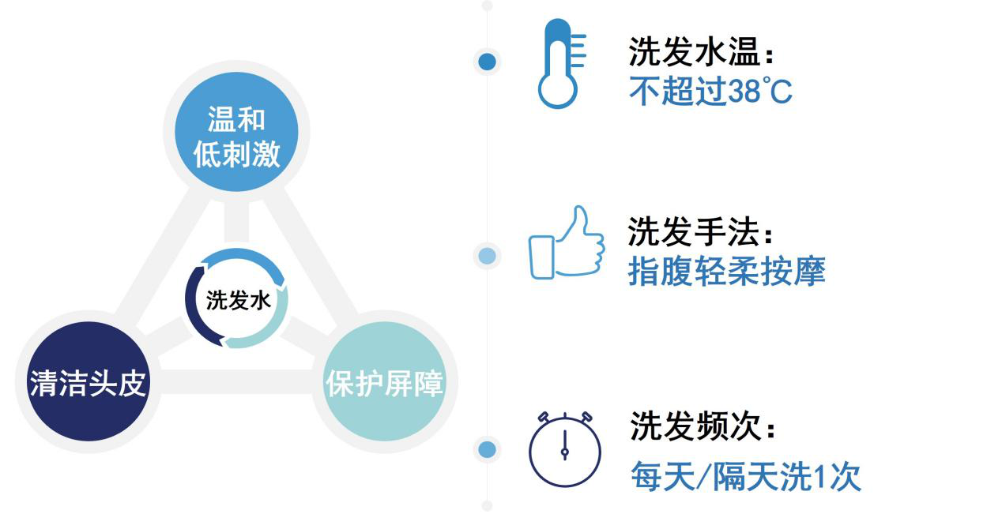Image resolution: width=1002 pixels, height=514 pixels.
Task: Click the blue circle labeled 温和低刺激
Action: tap(236, 132)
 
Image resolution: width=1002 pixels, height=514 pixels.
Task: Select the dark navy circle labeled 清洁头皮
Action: tap(89, 381)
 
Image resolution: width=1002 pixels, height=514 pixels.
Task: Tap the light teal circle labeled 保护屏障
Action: tap(384, 381)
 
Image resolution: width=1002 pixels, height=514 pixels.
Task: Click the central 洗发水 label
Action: tap(239, 300)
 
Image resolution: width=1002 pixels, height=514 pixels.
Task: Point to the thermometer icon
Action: tap(562, 63)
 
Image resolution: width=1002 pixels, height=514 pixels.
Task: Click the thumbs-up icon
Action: tap(567, 242)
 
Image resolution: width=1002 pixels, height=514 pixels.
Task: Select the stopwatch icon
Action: tap(564, 449)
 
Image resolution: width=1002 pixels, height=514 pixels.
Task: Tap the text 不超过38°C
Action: tap(710, 91)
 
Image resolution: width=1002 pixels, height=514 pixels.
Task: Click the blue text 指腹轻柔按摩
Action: tap(727, 271)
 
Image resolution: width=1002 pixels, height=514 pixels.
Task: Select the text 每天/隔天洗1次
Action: tap(746, 476)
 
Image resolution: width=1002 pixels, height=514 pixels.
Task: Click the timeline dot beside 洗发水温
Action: tap(487, 62)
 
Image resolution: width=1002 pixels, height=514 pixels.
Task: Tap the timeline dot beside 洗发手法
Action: tap(487, 256)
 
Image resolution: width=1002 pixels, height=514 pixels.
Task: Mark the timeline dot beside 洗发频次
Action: tap(487, 449)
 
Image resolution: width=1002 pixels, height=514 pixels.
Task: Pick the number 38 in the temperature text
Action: tap(744, 91)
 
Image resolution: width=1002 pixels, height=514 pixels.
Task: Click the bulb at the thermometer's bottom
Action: tap(557, 90)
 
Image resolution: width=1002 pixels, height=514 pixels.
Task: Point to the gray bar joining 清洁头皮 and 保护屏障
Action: tap(235, 381)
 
